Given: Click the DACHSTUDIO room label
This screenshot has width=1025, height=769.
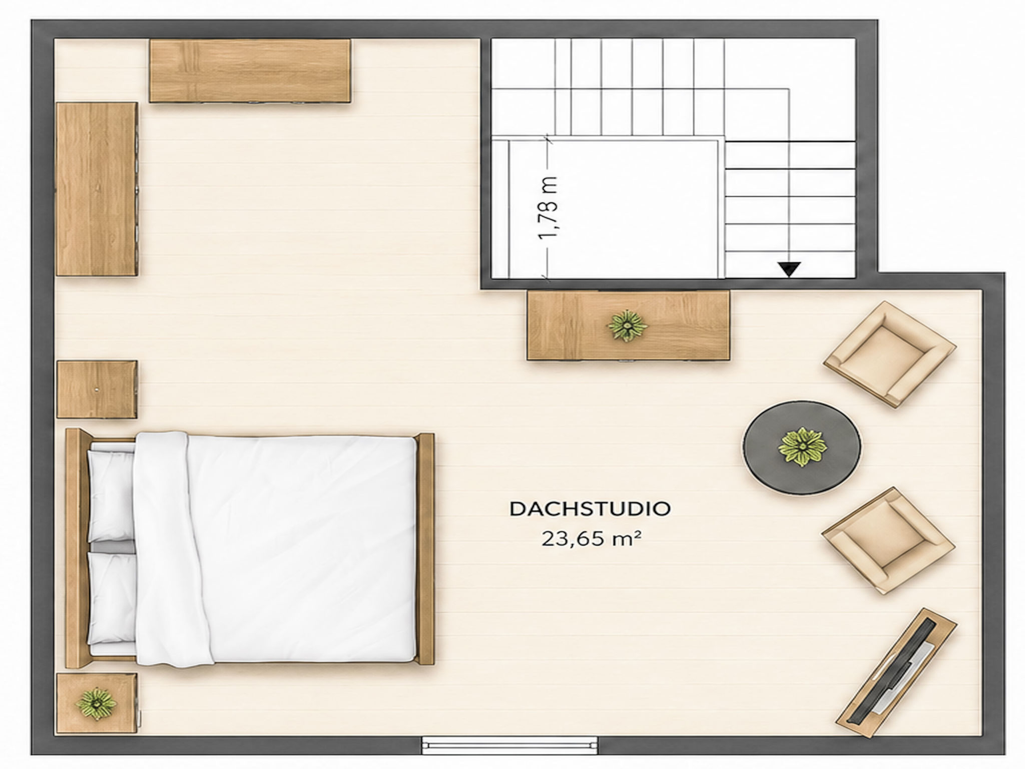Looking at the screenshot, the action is coord(590,509).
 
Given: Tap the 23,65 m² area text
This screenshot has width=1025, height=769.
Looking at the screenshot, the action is coord(592,539).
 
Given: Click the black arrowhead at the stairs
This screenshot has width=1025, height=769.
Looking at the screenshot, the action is coord(789,269).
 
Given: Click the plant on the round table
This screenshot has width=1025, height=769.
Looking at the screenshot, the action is coord(802,447).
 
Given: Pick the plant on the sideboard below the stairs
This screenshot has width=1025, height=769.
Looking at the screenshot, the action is coord(627,325).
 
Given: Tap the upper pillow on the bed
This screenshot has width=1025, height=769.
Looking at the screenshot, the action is coord(111,495).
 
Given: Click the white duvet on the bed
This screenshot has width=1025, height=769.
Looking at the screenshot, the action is coord(275,549).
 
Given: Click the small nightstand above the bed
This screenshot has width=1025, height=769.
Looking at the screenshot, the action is coord(97,389).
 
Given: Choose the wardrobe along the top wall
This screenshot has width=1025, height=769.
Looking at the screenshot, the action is coord(250,71).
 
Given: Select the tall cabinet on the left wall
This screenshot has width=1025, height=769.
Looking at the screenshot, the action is coord(97,189).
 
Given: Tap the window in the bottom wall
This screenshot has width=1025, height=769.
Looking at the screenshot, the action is coord(509,744).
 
